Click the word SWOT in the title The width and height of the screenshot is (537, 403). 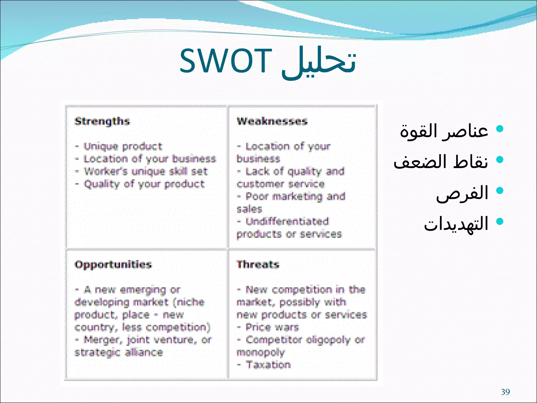225,61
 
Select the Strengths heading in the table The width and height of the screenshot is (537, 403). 102,121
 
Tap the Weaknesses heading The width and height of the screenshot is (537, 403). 272,121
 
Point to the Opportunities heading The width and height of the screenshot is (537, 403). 113,264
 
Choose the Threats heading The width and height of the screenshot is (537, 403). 258,264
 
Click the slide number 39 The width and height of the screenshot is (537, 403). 505,392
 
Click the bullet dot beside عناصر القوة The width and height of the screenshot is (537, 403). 500,129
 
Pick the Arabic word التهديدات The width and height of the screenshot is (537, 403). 456,224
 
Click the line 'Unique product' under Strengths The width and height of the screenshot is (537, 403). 123,146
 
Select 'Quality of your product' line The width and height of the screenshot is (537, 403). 144,184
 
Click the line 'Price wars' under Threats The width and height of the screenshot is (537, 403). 272,327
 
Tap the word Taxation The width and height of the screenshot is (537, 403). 268,365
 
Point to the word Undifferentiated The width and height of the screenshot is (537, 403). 287,221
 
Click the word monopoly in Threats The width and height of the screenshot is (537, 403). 260,352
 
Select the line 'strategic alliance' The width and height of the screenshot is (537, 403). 119,352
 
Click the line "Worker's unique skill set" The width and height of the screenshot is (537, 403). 146,171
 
